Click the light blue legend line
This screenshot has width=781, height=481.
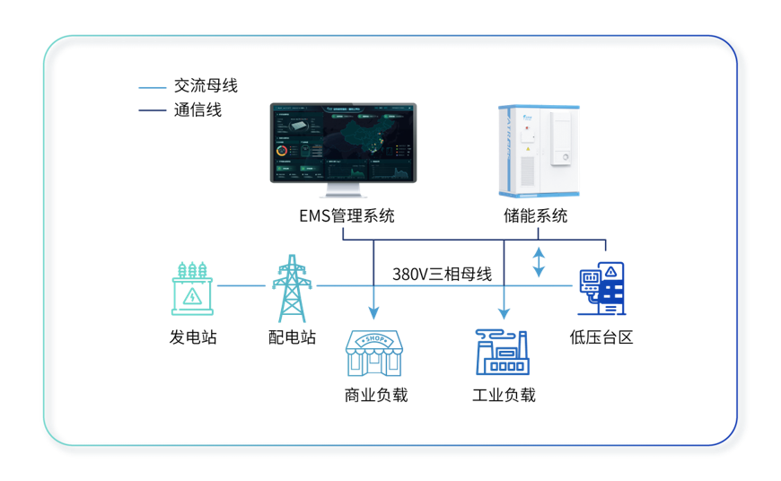tap(153, 88)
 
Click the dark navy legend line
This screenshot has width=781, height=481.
tap(153, 110)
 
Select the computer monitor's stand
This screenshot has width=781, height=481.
tap(344, 191)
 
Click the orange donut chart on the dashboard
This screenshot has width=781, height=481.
tap(282, 150)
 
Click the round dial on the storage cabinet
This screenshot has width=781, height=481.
tap(566, 159)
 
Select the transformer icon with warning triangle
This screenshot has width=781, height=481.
tap(193, 288)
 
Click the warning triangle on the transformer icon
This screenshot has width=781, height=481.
tap(193, 295)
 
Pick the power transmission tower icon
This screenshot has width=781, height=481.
tap(293, 288)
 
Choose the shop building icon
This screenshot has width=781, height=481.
tap(374, 353)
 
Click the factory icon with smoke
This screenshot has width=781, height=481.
tap(503, 352)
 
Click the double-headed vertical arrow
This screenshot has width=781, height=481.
tap(539, 262)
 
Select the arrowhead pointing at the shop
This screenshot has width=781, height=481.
tap(374, 312)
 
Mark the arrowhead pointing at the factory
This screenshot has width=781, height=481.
tap(505, 312)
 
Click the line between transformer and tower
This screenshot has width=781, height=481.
tap(242, 286)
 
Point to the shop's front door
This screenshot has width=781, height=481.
tap(374, 364)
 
